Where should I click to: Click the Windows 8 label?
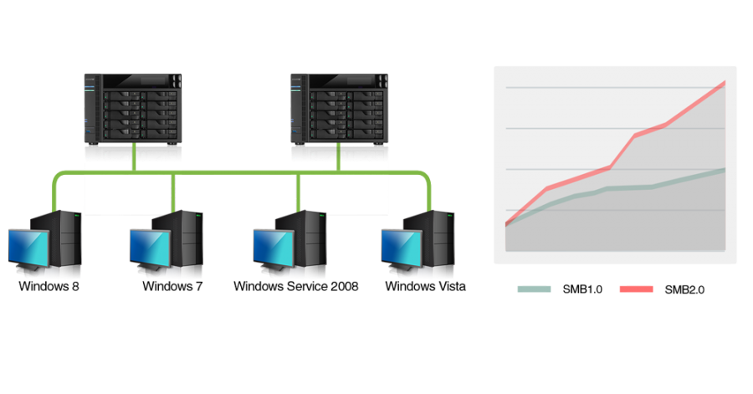(49, 286)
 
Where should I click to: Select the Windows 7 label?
(172, 286)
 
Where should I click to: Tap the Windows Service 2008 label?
(296, 286)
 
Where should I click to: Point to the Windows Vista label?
(426, 286)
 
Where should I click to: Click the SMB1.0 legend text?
(582, 289)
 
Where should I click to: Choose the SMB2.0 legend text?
(684, 289)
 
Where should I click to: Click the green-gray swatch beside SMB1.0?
(534, 289)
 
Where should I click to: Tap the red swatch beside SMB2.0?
(637, 289)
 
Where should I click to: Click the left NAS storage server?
(133, 109)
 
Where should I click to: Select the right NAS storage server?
(339, 109)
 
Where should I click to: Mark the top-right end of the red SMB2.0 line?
(725, 83)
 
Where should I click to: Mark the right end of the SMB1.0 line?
(725, 170)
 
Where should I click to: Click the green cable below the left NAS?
(134, 157)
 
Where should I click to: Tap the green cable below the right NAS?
(339, 157)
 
